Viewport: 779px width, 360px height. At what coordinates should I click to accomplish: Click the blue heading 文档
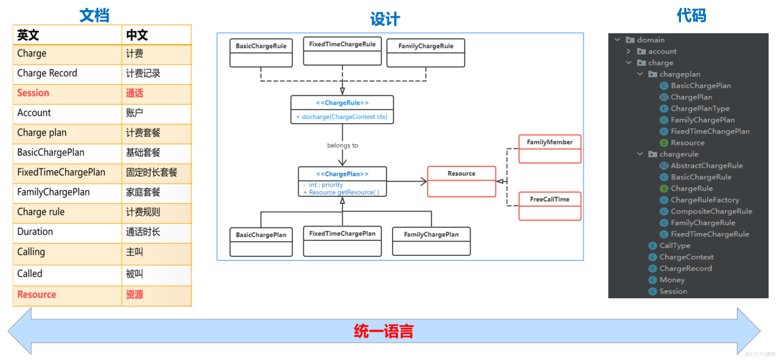coord(94,15)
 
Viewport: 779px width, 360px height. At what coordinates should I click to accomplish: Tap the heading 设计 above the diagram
coord(385,19)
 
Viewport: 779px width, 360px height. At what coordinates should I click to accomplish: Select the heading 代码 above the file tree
coord(691,15)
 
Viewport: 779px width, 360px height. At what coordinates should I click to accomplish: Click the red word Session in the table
coord(34,93)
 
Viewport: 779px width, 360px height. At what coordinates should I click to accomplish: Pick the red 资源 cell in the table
coord(134,295)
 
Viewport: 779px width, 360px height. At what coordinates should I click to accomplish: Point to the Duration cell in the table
coord(36,232)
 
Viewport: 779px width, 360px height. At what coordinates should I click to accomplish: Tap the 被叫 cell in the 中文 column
coord(134,274)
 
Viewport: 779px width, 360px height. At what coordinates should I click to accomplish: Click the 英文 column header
coord(28,35)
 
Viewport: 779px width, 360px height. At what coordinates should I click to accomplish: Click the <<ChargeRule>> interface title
coord(342,103)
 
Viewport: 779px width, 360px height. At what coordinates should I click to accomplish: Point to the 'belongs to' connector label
coord(342,145)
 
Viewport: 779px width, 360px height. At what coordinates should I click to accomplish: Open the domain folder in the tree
coord(651,40)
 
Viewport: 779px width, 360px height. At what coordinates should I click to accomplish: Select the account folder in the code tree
coord(662,51)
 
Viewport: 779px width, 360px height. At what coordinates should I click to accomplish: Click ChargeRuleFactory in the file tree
coord(705,200)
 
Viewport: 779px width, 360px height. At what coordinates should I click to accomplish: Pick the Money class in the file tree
coord(672,280)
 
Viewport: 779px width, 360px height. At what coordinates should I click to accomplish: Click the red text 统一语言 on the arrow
coord(384,331)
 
